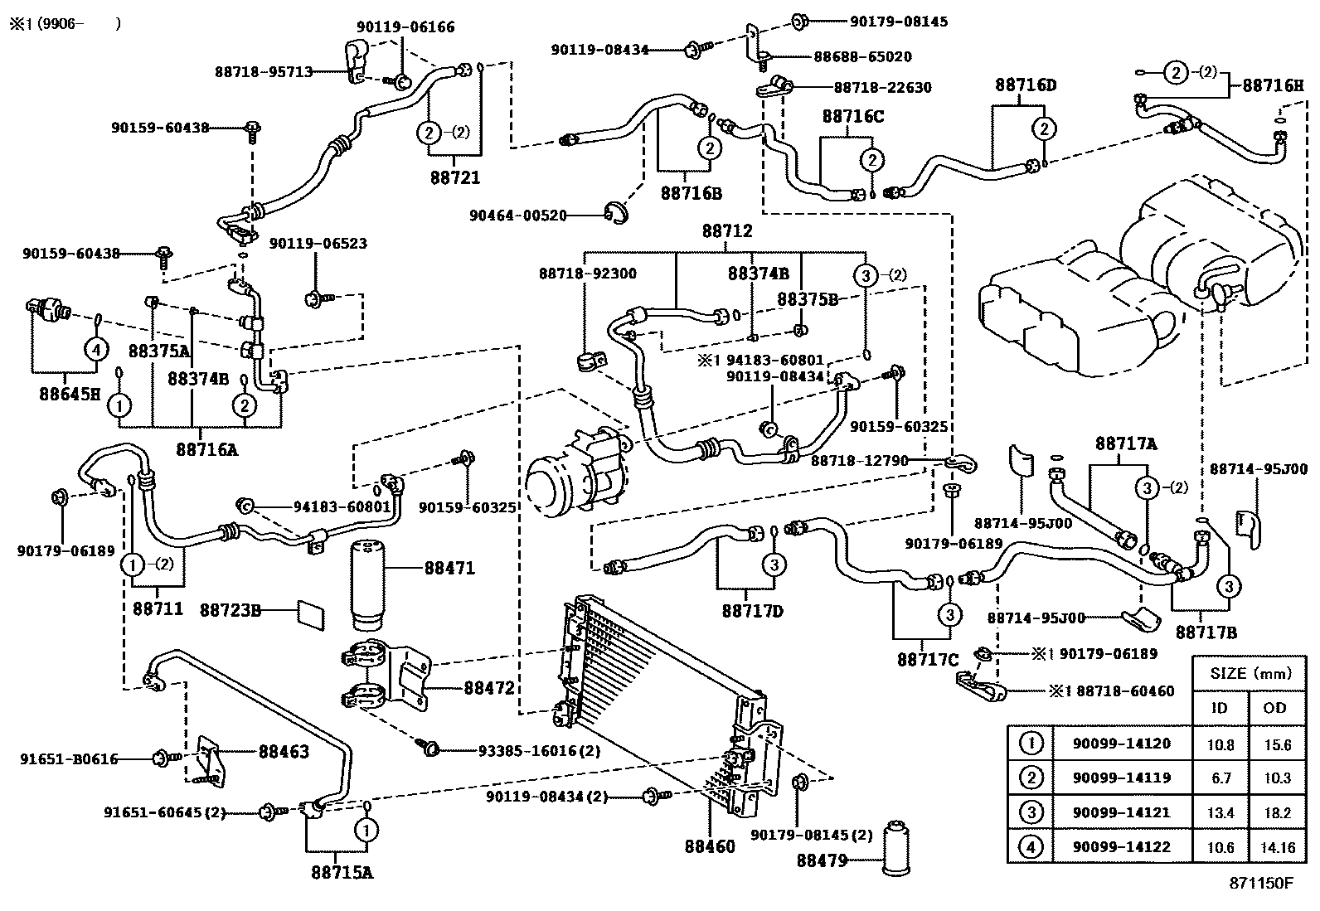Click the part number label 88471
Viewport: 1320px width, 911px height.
pyautogui.click(x=449, y=568)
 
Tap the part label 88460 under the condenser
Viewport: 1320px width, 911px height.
pyautogui.click(x=710, y=847)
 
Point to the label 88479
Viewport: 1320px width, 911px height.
pyautogui.click(x=822, y=860)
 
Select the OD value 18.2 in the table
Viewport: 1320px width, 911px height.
pyautogui.click(x=1274, y=813)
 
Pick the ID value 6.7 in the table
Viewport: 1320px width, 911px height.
pyautogui.click(x=1221, y=778)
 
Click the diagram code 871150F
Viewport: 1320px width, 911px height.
pyautogui.click(x=1260, y=884)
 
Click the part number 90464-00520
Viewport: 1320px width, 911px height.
pyautogui.click(x=517, y=216)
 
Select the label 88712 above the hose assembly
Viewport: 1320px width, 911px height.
pyautogui.click(x=727, y=231)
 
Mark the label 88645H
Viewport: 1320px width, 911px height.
pyautogui.click(x=69, y=393)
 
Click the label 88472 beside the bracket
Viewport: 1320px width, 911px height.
pyautogui.click(x=489, y=687)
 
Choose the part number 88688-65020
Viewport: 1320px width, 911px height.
pyautogui.click(x=862, y=57)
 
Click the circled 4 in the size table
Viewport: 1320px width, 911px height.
pyautogui.click(x=1030, y=847)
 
